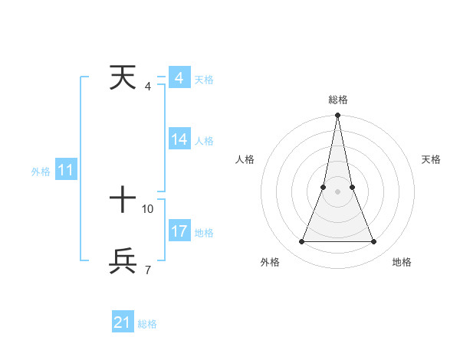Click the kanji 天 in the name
coord(123,77)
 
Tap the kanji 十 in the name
coord(123,201)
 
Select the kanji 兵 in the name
coord(123,261)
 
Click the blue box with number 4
coord(179,78)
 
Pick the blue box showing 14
coord(179,139)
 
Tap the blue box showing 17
coord(179,231)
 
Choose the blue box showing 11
coord(66,171)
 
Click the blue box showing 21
coord(123,322)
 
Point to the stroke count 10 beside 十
coord(148,208)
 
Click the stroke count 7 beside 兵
coord(147,270)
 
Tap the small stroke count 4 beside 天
coord(147,86)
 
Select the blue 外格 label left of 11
coord(41,172)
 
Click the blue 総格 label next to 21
coord(147,324)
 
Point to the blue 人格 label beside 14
coord(204,141)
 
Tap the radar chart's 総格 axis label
coord(337,100)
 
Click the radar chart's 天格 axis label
coord(431,159)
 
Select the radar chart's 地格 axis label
coord(402,262)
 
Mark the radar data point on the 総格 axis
coord(337,116)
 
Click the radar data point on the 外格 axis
coord(301,242)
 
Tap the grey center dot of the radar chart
coord(337,191)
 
